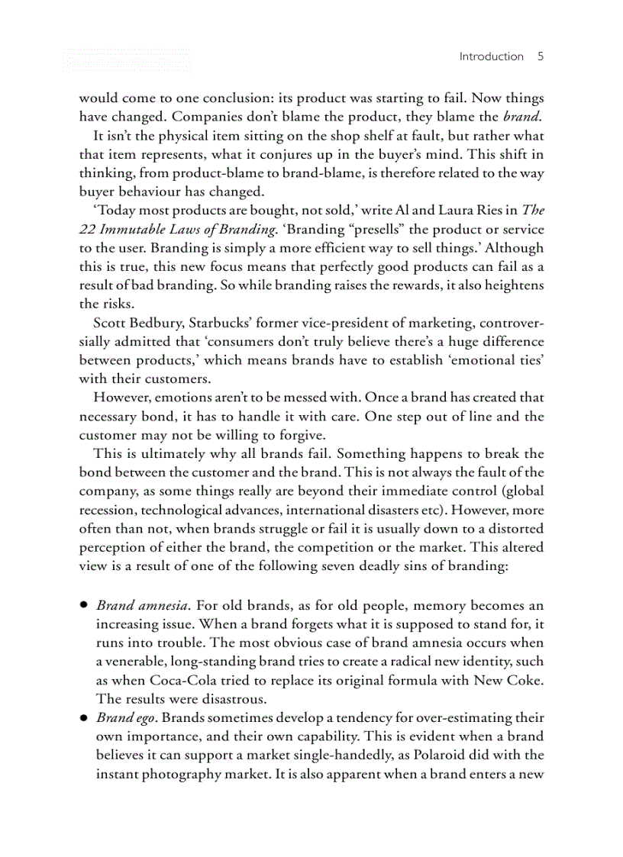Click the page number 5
[x=540, y=56]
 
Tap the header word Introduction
[x=491, y=56]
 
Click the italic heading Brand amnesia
[x=142, y=606]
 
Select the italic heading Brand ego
[x=126, y=718]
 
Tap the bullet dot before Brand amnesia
[x=83, y=606]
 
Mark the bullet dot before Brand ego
[x=83, y=718]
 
